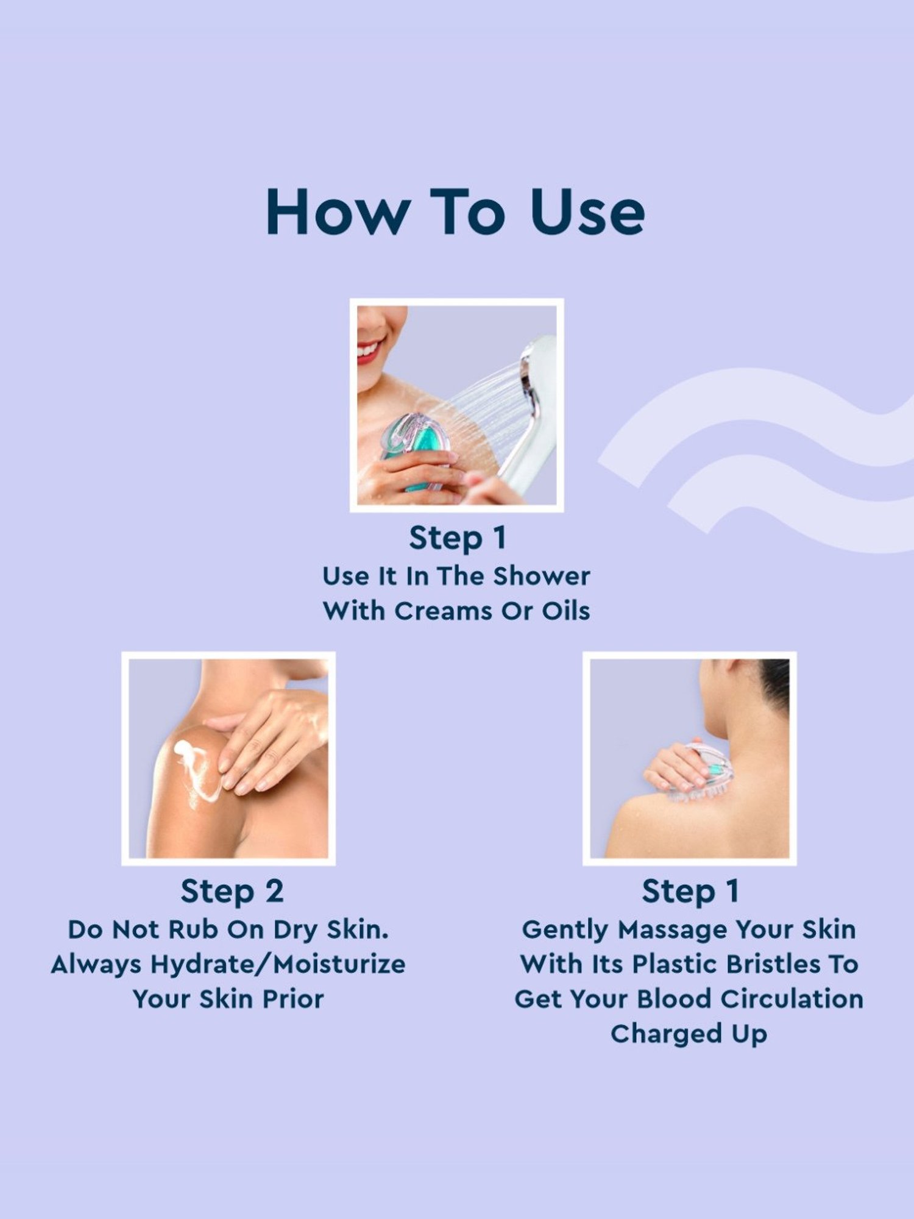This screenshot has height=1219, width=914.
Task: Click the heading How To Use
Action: point(456,211)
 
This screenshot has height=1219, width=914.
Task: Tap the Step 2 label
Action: point(232,892)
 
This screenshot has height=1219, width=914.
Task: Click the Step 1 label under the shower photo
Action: point(457,538)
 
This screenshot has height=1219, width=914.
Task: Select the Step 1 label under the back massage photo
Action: point(690,892)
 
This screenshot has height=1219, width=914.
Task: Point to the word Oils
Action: point(566,611)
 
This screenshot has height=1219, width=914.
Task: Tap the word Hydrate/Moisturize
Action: point(278,965)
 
